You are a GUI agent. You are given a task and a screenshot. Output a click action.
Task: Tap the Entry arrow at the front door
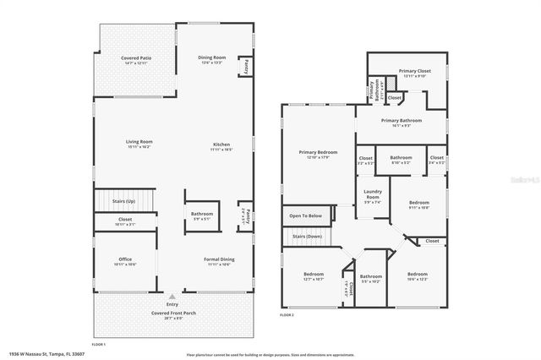coord(172,297)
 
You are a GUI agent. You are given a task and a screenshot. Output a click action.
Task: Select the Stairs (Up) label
coord(124,202)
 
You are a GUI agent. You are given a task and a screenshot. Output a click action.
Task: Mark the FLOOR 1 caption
coord(98,345)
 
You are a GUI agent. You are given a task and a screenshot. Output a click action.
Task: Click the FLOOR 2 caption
coord(287,314)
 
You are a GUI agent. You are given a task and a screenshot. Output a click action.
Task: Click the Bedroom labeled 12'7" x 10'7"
coord(313,276)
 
